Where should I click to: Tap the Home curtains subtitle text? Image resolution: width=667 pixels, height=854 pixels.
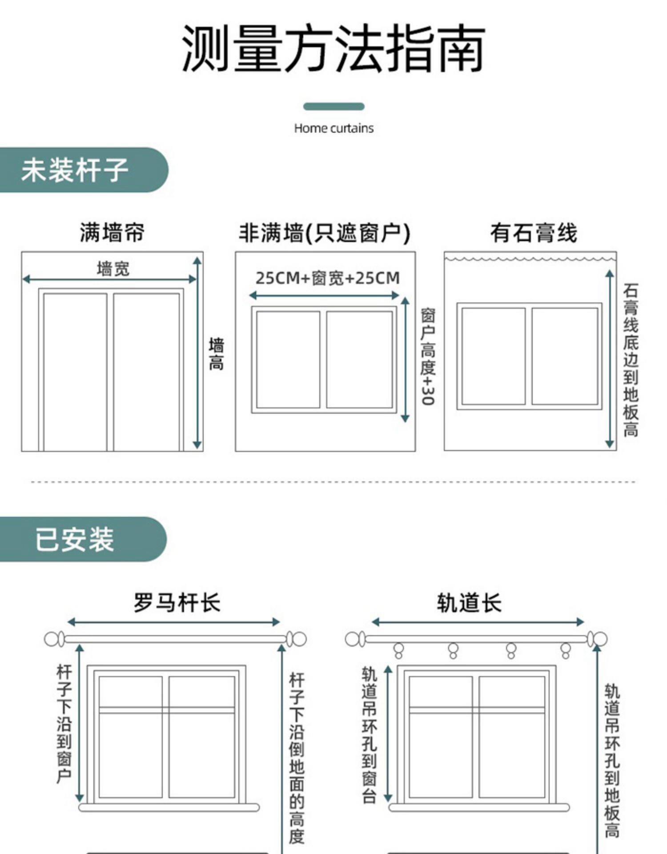[x=333, y=129]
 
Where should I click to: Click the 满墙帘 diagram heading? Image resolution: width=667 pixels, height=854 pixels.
[x=112, y=233]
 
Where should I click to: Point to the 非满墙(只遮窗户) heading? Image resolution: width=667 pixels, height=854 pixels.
[x=325, y=233]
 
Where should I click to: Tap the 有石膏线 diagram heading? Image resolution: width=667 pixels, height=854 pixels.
[x=534, y=233]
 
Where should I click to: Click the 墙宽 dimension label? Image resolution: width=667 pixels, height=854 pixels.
[x=113, y=269]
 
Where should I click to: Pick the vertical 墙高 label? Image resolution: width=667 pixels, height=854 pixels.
[x=217, y=354]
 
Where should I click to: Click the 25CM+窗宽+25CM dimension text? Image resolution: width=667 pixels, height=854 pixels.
[x=328, y=278]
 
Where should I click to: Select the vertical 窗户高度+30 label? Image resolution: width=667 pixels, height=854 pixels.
[x=428, y=356]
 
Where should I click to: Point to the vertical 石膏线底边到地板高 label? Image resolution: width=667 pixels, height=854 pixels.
[x=631, y=360]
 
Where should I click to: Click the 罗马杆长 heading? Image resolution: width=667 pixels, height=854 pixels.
[x=177, y=603]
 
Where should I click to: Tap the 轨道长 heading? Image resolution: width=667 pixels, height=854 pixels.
[x=469, y=603]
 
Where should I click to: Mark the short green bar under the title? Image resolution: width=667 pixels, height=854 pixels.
[x=333, y=107]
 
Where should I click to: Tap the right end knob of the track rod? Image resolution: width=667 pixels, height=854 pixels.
[x=598, y=639]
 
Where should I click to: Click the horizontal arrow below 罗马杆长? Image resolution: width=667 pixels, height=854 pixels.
[x=173, y=622]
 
